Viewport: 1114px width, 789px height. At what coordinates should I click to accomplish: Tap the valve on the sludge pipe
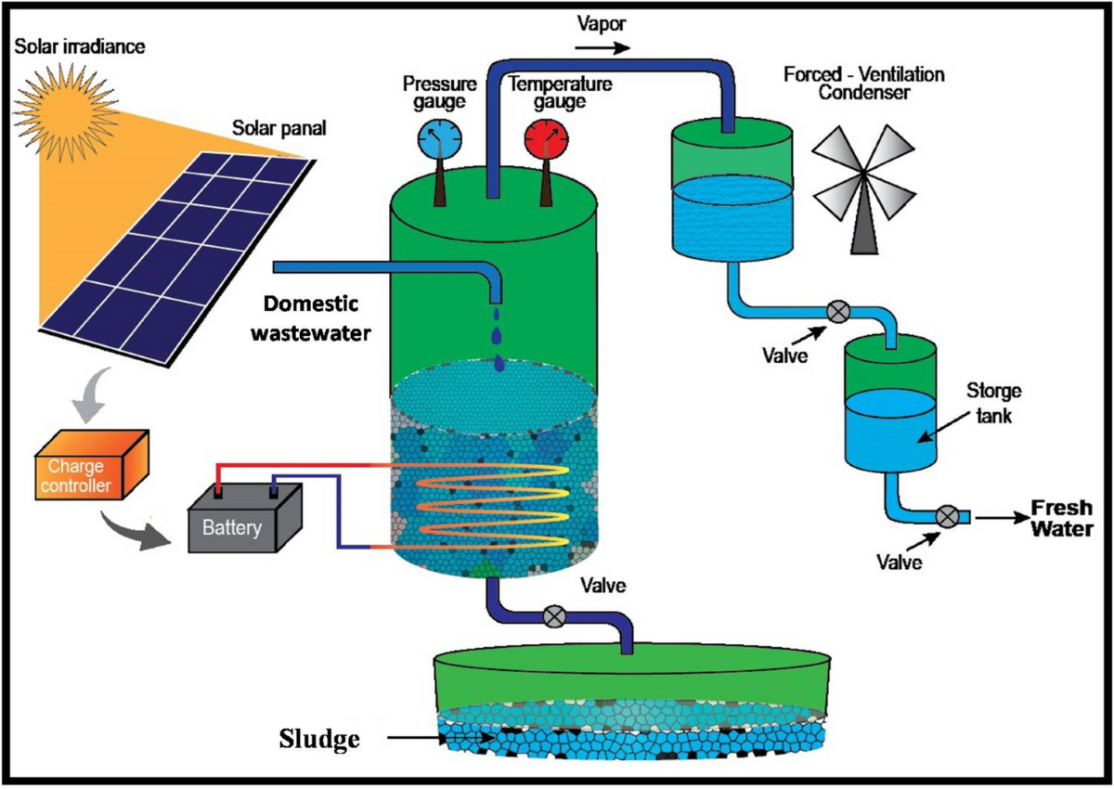click(555, 614)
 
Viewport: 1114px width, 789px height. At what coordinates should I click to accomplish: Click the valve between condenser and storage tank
click(837, 311)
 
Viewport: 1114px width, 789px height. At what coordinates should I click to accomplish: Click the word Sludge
click(318, 739)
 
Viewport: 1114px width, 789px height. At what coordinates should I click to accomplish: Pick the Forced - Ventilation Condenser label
click(861, 84)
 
